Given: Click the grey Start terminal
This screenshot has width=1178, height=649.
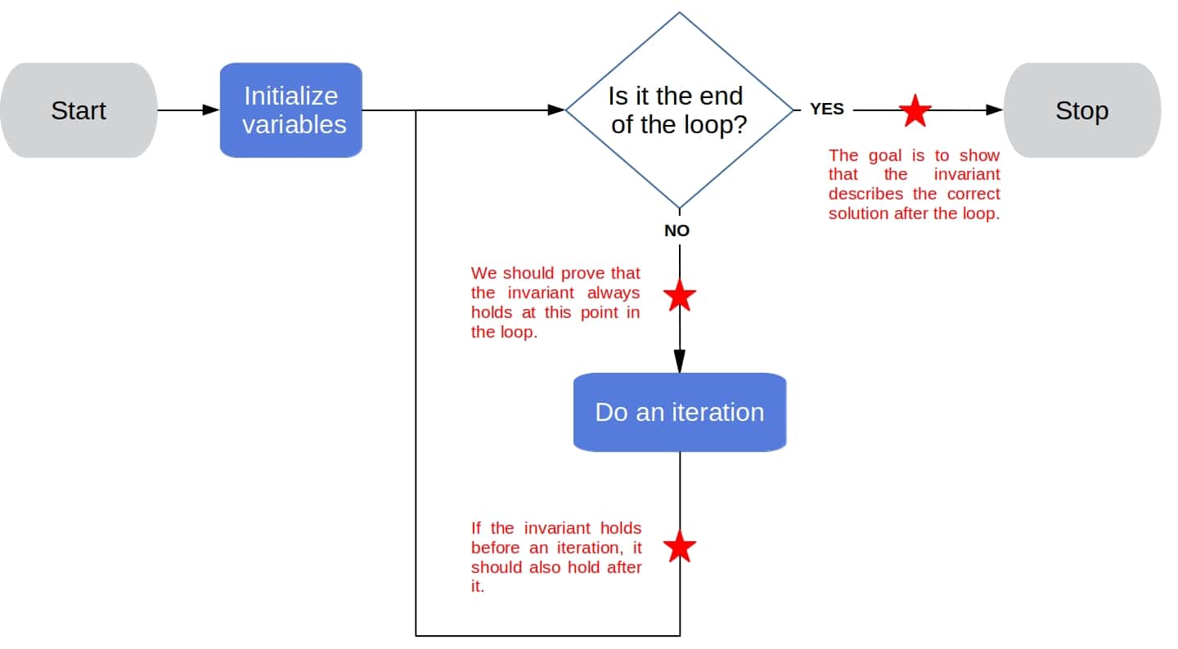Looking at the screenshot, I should click(79, 110).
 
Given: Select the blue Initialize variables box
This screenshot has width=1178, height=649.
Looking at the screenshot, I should click(290, 110).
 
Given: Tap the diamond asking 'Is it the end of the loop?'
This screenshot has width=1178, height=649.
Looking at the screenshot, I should click(679, 110).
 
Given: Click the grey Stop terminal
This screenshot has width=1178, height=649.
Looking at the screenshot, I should click(1081, 110).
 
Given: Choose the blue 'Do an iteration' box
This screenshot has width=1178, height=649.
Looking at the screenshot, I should click(679, 412).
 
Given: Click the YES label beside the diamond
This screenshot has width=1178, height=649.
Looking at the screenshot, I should click(826, 109).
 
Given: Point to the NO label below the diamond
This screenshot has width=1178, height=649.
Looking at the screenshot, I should click(677, 231).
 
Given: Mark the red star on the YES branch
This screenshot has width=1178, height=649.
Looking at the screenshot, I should click(915, 110).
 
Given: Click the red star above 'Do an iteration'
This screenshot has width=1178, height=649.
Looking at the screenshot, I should click(679, 296).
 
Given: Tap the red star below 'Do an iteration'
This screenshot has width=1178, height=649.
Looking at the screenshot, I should click(679, 547).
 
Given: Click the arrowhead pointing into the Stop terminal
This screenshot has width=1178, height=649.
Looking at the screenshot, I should click(994, 110).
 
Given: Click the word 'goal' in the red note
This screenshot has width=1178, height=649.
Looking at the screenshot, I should click(885, 154).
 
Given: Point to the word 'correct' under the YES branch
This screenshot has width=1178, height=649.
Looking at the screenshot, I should click(973, 194).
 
